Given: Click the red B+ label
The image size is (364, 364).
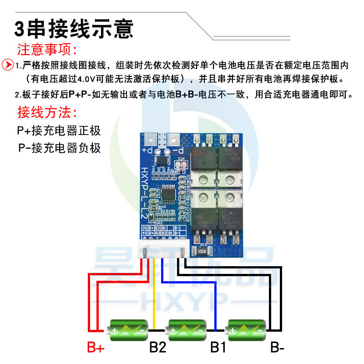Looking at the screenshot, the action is (x=96, y=349).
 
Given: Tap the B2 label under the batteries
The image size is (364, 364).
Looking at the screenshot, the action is (x=158, y=349).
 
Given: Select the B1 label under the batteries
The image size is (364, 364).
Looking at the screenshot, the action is (x=218, y=349).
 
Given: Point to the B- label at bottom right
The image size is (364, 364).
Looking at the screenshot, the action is (x=277, y=349).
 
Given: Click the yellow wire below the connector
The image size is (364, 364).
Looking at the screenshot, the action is (x=155, y=291).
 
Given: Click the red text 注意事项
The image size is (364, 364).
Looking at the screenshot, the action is (x=47, y=49).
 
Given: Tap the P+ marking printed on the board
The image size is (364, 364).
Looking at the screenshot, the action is (x=147, y=150).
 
